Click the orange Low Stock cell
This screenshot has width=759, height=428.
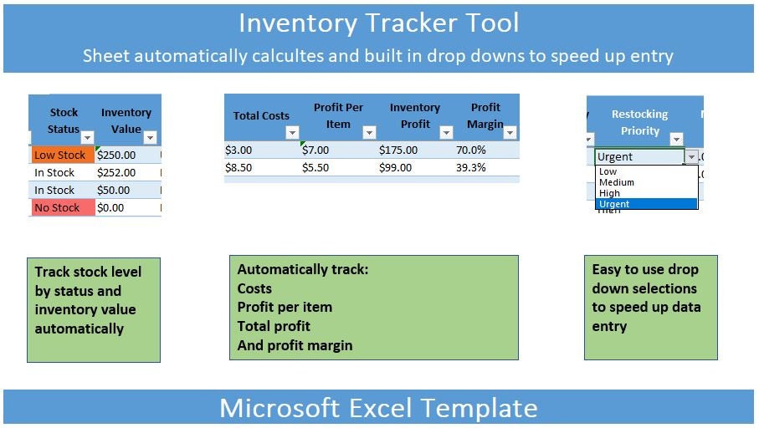coord(63,155)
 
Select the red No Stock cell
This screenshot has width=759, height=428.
coord(63,207)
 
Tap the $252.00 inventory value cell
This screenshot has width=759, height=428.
coord(127,173)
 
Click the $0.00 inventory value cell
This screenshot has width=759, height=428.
coord(127,207)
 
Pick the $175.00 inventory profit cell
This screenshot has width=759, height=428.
coord(397,150)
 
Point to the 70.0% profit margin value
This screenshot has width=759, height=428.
coord(470,150)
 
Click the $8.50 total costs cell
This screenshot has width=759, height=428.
coord(238,168)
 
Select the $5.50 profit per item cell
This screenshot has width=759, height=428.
coord(315,168)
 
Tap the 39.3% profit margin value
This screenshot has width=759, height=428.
coord(470,168)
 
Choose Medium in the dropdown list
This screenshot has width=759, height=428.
coord(616,182)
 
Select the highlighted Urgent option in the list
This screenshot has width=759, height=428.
coord(646,204)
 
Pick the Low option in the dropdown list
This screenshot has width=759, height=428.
coord(608,171)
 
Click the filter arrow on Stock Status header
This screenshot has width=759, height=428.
coord(87,137)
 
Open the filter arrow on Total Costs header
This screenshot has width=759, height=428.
coord(292,132)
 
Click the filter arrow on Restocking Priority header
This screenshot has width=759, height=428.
coord(676,140)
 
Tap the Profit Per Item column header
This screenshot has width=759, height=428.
coord(338,115)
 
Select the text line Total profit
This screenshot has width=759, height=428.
coord(274,327)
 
